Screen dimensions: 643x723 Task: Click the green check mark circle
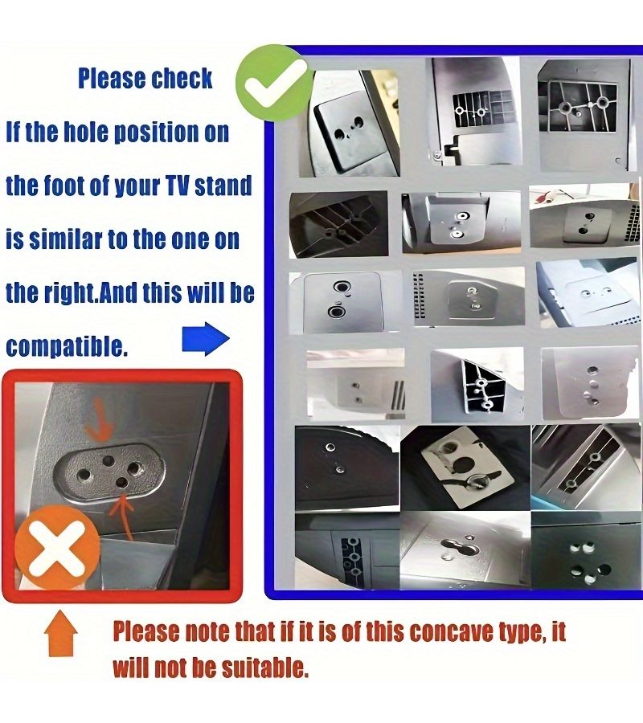[275, 83]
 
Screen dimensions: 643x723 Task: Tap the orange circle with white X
[57, 546]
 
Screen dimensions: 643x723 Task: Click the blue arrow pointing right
[206, 339]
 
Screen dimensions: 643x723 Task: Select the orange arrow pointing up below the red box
[60, 633]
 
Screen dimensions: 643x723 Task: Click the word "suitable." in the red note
[264, 667]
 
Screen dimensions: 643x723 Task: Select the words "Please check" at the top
[145, 78]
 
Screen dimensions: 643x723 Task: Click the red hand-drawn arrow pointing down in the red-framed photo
[102, 419]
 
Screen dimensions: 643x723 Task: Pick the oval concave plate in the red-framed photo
[109, 472]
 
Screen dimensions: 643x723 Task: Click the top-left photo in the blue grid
[349, 123]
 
